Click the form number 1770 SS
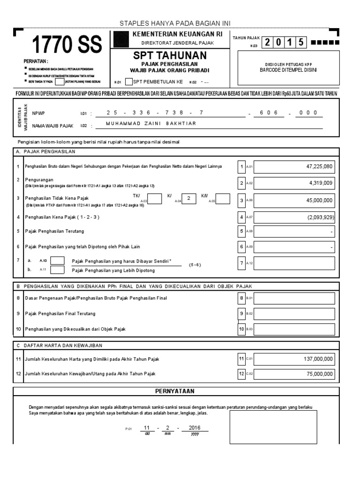66,45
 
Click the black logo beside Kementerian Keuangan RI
120,39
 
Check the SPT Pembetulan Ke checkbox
128,82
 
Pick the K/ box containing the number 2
188,198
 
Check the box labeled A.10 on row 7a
57,260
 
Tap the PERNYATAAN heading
175,391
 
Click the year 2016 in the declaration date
195,428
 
